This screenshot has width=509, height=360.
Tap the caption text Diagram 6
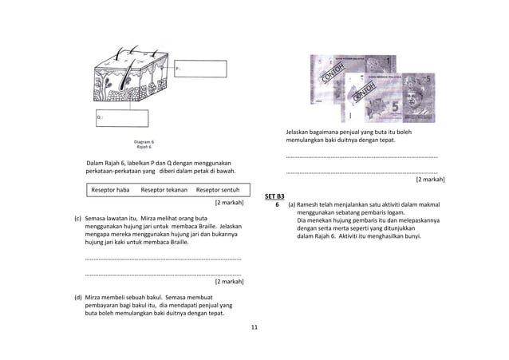[x=144, y=142]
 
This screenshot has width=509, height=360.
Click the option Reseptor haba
[x=110, y=190]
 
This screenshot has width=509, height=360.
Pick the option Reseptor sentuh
[x=217, y=190]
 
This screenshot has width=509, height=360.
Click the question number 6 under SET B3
[x=277, y=204]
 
